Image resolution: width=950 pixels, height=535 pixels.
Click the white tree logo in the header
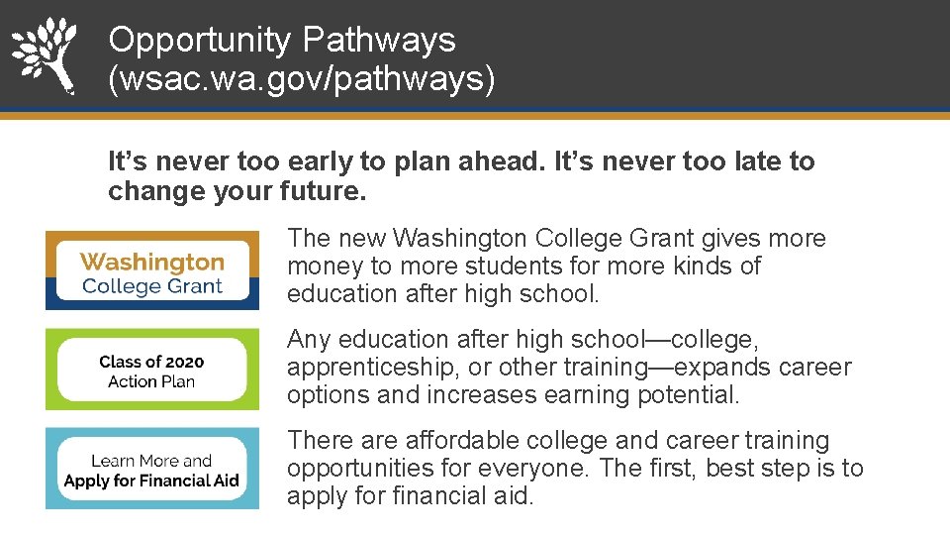click(x=44, y=53)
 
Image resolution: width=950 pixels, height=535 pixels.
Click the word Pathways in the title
click(x=379, y=40)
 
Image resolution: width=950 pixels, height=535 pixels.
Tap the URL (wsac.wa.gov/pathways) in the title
click(x=302, y=79)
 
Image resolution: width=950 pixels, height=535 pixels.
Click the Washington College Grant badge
click(x=152, y=270)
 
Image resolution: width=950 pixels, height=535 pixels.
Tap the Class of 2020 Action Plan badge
click(x=152, y=371)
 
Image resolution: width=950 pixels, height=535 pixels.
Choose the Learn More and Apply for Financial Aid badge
click(x=152, y=470)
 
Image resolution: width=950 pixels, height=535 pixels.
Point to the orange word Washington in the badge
click(x=152, y=262)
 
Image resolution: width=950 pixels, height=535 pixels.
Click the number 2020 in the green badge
click(x=179, y=362)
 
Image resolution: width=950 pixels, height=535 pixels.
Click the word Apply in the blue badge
click(x=87, y=481)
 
